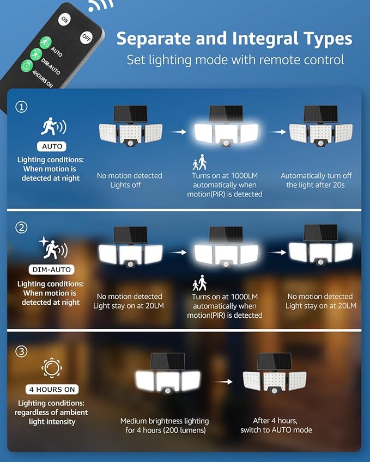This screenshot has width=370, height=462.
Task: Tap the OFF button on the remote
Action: tap(86, 38)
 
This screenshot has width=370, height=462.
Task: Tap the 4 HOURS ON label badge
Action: tap(52, 390)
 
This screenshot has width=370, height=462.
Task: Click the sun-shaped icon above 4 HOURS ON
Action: tap(51, 368)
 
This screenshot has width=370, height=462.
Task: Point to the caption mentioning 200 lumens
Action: tap(165, 426)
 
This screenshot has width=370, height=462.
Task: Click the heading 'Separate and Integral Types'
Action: tap(234, 39)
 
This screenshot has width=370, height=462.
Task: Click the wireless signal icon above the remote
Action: tap(101, 4)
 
